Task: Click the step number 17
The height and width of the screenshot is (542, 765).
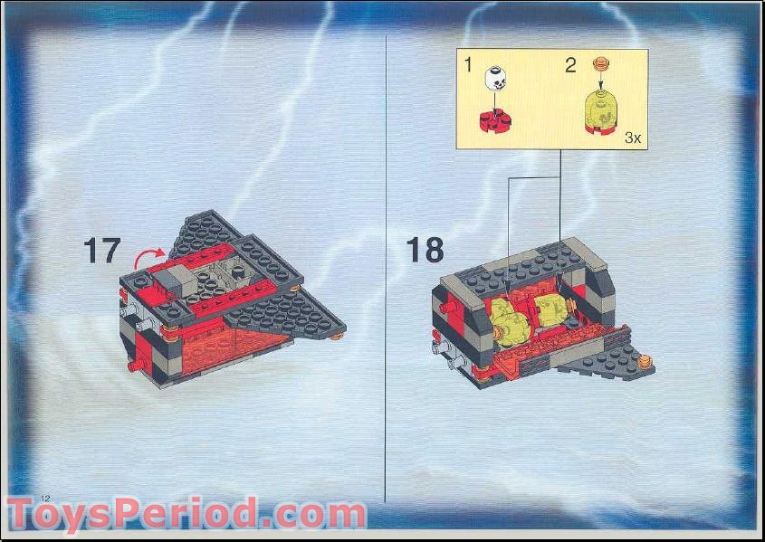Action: [x=101, y=250]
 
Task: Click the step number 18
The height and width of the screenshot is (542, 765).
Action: [x=425, y=249]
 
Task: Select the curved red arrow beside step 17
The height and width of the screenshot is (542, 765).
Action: [x=150, y=256]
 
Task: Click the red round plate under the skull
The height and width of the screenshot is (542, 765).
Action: [x=495, y=119]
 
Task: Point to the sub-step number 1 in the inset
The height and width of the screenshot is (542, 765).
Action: [x=468, y=64]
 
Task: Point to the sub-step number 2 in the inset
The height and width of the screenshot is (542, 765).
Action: [x=570, y=64]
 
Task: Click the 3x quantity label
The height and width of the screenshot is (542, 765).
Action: [x=632, y=138]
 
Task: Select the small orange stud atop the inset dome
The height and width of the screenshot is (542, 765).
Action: [x=599, y=63]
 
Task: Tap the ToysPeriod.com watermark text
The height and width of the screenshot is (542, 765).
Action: [x=186, y=515]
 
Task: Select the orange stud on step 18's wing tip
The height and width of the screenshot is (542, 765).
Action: [x=645, y=362]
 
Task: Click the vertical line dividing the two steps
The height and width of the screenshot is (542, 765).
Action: [x=387, y=271]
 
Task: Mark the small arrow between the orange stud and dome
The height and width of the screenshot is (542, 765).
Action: [x=599, y=80]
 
